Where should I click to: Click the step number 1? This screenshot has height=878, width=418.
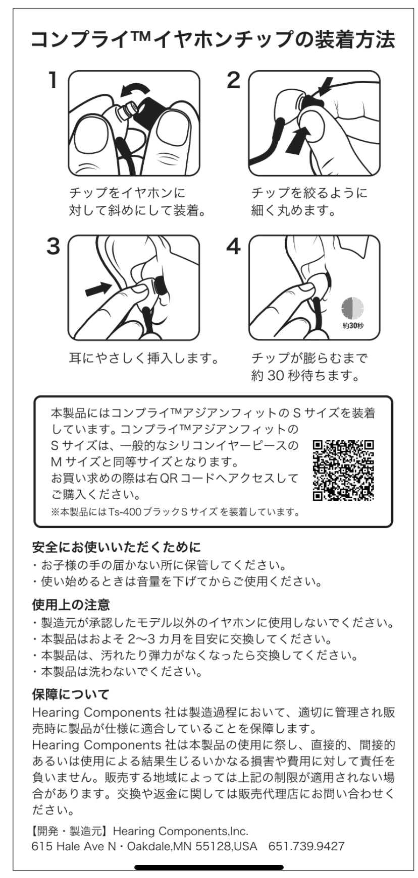(52, 81)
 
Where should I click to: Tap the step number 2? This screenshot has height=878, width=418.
(233, 81)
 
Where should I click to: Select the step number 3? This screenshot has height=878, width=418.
(53, 247)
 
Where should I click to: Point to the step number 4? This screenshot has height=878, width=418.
(234, 247)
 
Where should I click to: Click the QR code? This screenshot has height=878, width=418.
(343, 470)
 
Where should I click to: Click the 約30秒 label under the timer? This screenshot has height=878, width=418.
(353, 326)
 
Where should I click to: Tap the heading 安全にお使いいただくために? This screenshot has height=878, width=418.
(117, 547)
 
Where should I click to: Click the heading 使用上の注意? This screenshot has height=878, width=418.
(71, 604)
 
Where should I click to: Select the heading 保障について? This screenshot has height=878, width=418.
(71, 694)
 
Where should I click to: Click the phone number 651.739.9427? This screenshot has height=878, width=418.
(306, 846)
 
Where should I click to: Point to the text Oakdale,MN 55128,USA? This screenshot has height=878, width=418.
(192, 846)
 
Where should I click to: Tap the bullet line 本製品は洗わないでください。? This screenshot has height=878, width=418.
(121, 672)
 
